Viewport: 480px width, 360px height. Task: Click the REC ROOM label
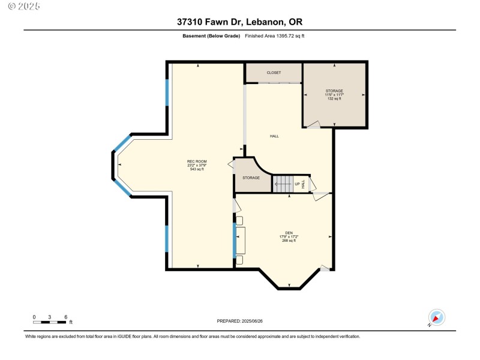pyautogui.click(x=197, y=161)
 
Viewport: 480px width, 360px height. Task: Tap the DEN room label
pyautogui.click(x=289, y=232)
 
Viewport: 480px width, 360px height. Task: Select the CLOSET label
pyautogui.click(x=274, y=73)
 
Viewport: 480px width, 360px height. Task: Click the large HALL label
pyautogui.click(x=274, y=136)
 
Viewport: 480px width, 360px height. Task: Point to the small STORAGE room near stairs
pyautogui.click(x=251, y=178)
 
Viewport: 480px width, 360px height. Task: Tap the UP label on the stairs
pyautogui.click(x=297, y=184)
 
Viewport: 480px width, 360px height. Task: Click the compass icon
pyautogui.click(x=436, y=318)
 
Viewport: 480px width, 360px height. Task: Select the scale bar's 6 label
pyautogui.click(x=65, y=316)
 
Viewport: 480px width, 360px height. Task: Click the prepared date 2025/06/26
pyautogui.click(x=239, y=321)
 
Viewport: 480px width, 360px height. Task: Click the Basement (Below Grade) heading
pyautogui.click(x=211, y=36)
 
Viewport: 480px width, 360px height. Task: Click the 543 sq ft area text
pyautogui.click(x=197, y=170)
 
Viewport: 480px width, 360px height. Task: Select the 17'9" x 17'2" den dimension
pyautogui.click(x=289, y=236)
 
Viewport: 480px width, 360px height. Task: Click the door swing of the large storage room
pyautogui.click(x=313, y=125)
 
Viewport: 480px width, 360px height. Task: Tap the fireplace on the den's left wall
pyautogui.click(x=241, y=240)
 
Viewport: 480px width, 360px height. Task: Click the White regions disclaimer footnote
pyautogui.click(x=192, y=336)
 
